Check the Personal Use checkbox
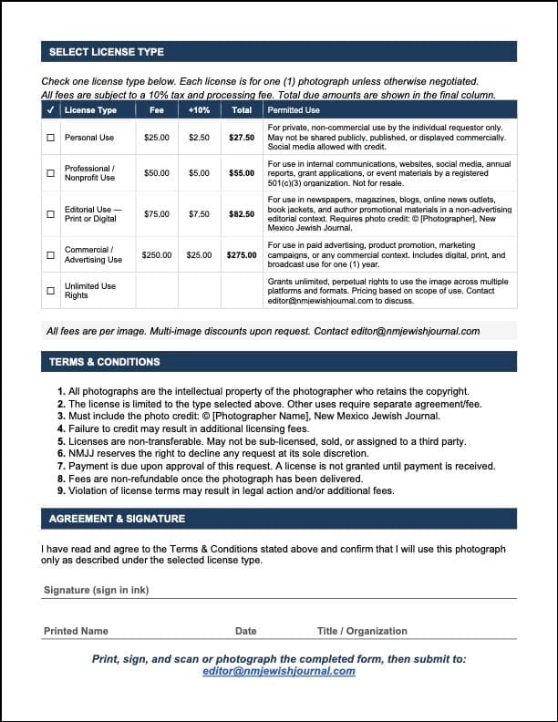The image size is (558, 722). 50,138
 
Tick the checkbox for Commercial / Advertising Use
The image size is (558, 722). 50,255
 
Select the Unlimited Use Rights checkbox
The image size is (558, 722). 50,292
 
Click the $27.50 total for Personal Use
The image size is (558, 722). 242,138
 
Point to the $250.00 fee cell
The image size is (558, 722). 157,255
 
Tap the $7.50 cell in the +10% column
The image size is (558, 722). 199,214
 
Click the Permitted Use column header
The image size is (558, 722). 294,110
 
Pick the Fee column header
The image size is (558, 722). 157,110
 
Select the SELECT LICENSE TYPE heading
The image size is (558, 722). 107,52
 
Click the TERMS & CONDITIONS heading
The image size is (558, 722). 104,362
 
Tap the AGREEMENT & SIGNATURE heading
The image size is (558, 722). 117,519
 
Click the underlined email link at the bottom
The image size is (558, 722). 279,672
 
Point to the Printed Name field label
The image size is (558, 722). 76,631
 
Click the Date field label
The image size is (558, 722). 246,631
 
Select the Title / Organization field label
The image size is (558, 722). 362,631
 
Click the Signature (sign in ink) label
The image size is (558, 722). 97,590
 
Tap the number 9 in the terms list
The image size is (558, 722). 60,490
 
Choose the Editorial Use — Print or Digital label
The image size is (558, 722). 90,214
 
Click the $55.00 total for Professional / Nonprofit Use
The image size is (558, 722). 242,172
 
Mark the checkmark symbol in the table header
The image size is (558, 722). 50,110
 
